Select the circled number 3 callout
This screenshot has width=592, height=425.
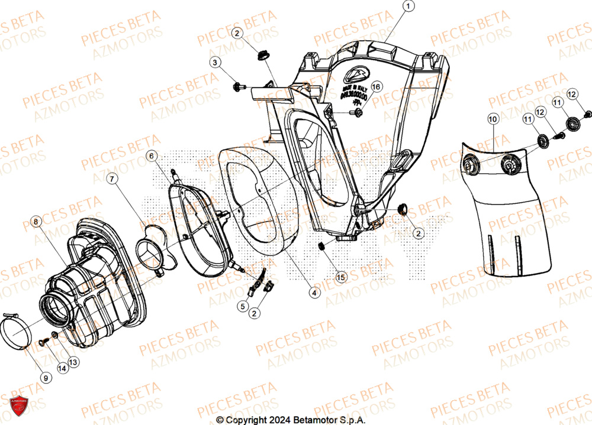coord(215,62)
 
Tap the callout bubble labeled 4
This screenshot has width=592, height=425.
coord(314,291)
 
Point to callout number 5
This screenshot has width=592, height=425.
coord(243,306)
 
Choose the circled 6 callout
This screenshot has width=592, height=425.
coord(152,156)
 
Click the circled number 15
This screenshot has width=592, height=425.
coord(340,276)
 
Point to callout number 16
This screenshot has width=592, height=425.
coord(377,87)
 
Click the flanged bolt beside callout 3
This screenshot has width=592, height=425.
coord(239,87)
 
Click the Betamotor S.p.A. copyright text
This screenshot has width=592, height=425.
coord(291,420)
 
